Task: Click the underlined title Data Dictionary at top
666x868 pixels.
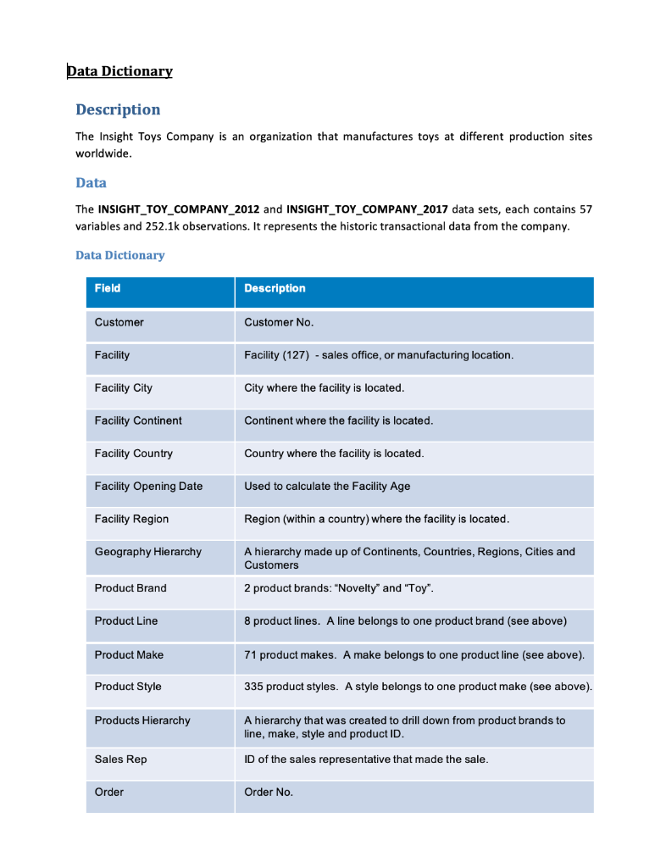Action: point(120,71)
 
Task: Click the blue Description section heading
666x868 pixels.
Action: point(118,109)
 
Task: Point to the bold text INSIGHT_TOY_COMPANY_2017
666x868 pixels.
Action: point(367,209)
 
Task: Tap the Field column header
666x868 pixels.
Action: point(108,288)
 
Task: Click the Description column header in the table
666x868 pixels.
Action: point(275,288)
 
